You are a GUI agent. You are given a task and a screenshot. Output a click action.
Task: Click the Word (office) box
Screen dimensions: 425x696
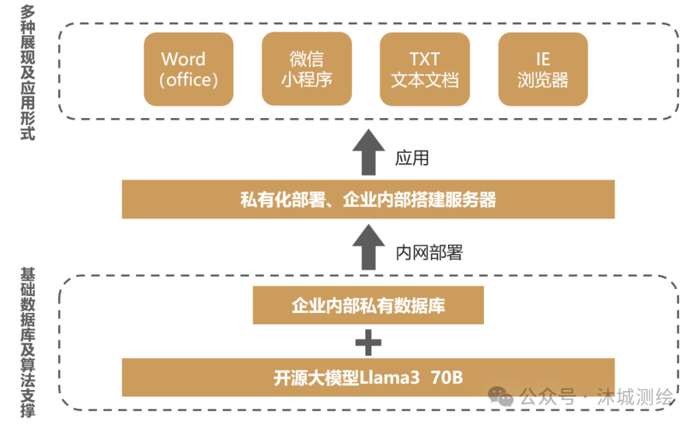coord(188,70)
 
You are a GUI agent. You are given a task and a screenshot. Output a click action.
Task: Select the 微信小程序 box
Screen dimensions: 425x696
coord(307,70)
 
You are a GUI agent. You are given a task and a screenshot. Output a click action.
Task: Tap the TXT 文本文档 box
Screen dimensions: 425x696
coord(425,70)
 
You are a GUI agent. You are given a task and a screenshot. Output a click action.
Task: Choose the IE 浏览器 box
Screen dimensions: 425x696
coord(543,70)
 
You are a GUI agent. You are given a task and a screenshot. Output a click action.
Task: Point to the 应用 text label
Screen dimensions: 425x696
coord(412,158)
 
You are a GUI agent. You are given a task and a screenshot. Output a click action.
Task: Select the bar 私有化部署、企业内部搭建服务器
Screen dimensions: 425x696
coord(368,199)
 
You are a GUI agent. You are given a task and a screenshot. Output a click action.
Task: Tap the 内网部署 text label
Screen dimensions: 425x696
coord(429,253)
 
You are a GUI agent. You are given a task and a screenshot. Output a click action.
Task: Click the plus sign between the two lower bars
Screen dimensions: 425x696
coord(368,342)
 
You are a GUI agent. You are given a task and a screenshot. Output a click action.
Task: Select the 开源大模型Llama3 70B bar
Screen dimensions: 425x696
coord(368,378)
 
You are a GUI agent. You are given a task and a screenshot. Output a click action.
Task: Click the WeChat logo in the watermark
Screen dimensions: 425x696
coord(500,395)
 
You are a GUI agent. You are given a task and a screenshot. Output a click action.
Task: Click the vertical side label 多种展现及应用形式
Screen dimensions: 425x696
coord(28,72)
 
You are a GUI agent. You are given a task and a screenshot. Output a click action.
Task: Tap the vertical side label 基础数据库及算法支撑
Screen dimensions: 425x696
coord(28,342)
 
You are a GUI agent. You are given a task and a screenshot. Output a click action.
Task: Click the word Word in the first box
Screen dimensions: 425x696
coord(184,59)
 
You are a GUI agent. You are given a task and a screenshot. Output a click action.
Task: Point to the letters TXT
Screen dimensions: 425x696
coord(425,59)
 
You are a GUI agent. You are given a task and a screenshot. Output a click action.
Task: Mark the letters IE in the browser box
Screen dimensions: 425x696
coord(543,59)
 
